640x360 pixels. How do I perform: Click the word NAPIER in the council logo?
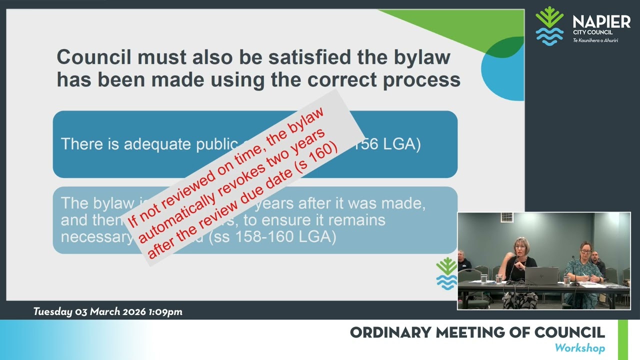(601, 22)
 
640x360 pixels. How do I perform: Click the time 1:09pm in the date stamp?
(165, 312)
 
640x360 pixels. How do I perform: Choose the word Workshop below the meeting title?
(579, 348)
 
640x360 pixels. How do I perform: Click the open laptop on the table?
(541, 275)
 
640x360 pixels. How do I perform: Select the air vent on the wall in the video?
(506, 217)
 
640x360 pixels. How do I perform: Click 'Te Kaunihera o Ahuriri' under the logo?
(595, 40)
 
